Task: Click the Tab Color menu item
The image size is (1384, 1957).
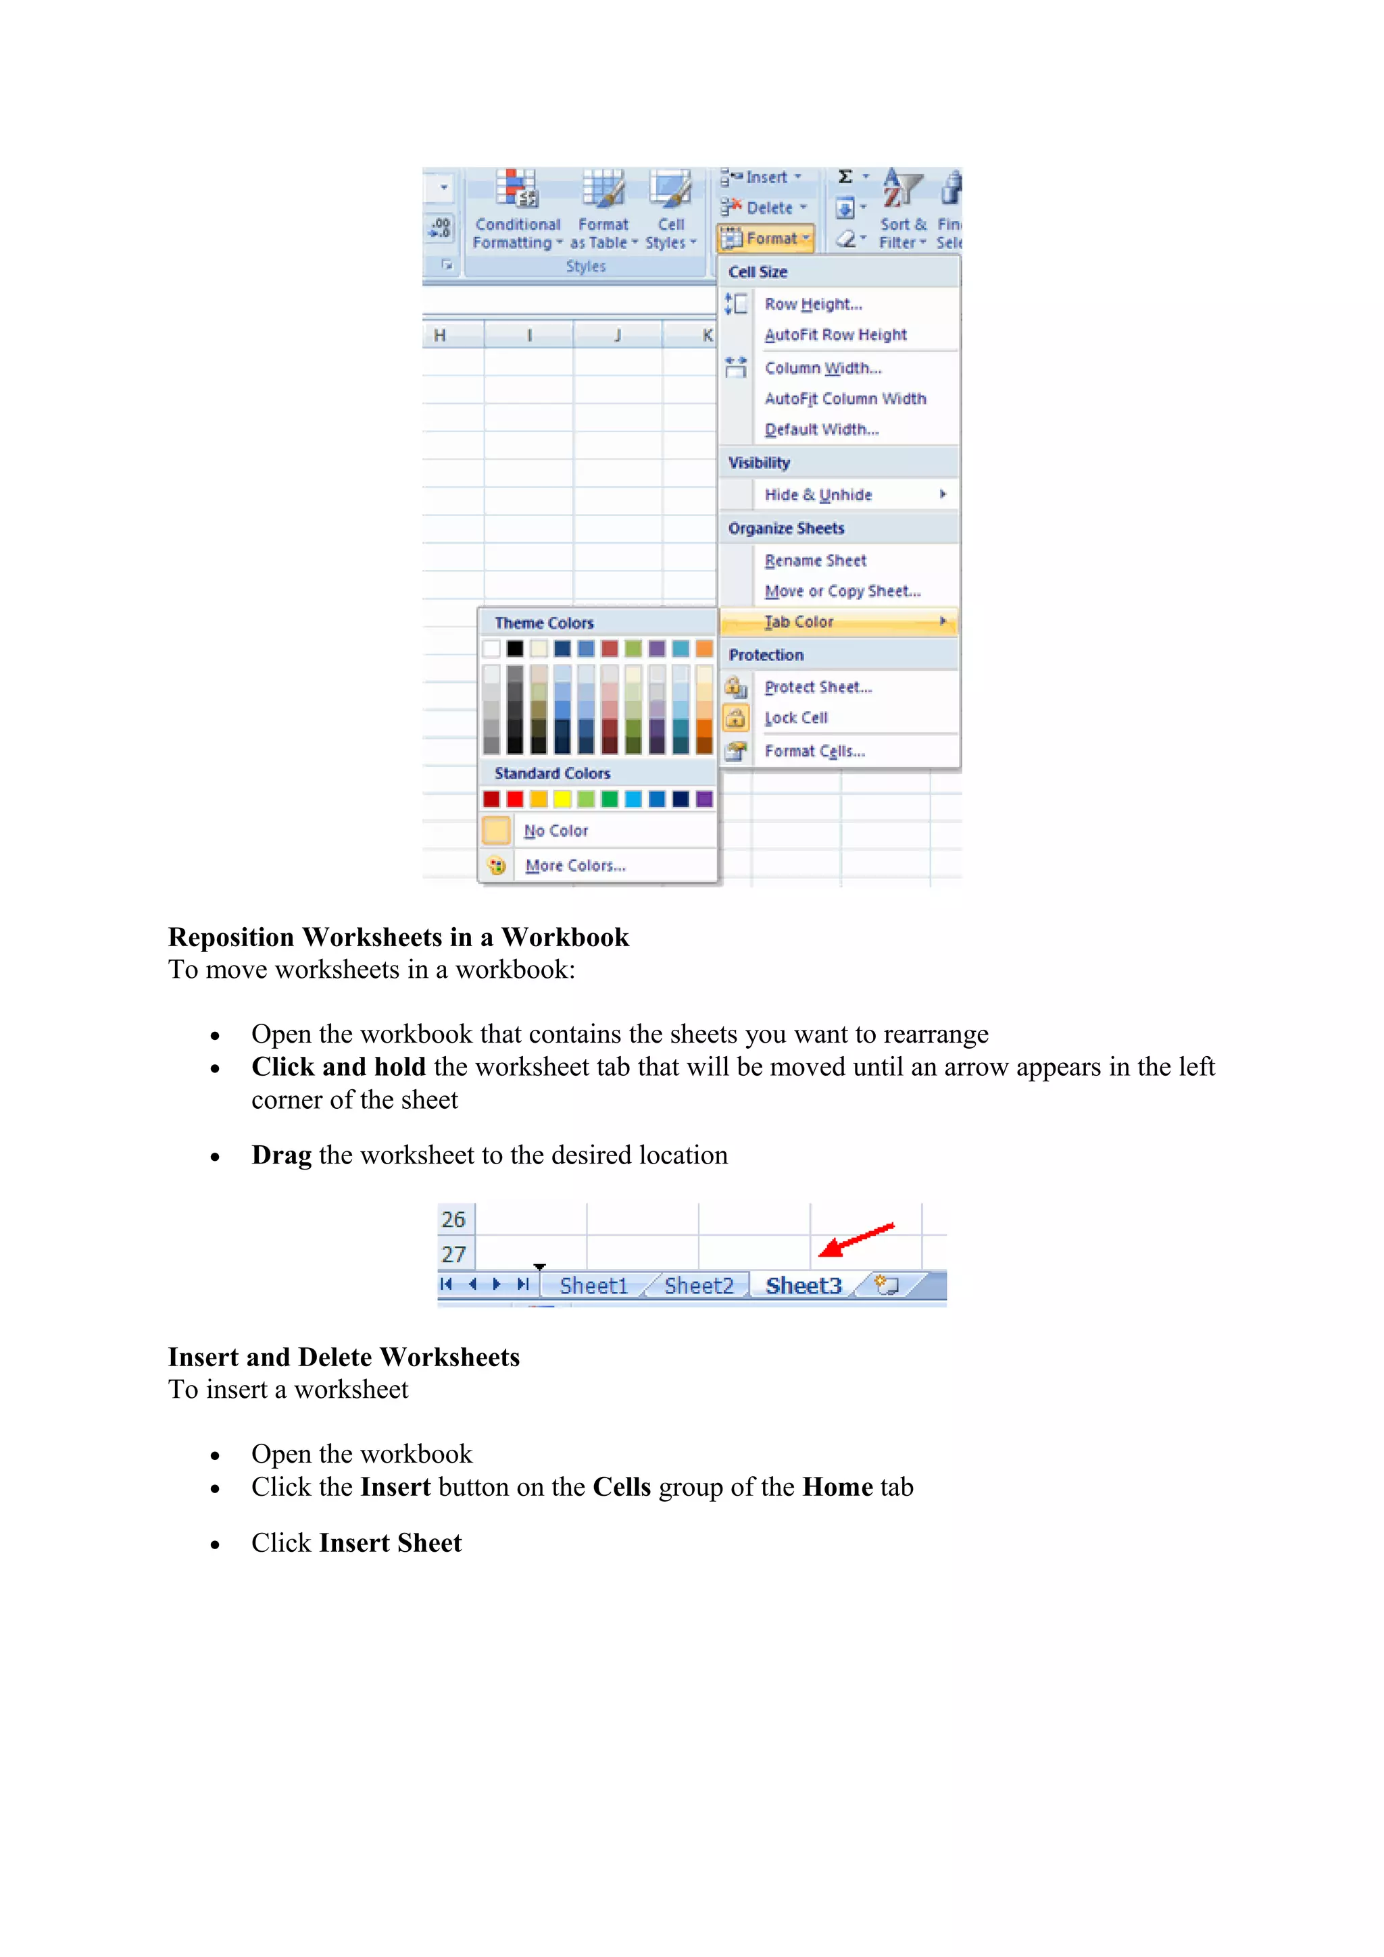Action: [x=798, y=622]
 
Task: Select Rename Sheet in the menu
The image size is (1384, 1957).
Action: [x=815, y=561]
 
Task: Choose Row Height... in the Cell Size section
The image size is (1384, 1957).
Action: [x=813, y=305]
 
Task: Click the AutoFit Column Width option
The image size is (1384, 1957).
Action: [x=844, y=399]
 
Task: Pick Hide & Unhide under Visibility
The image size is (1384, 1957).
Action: [x=818, y=495]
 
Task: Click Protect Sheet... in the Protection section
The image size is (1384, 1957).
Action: [x=818, y=687]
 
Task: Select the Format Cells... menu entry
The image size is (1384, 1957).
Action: [x=814, y=751]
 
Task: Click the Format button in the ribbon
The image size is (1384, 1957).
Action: [x=766, y=238]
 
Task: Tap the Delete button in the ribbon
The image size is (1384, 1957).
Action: [x=765, y=208]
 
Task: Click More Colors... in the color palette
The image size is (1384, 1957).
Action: [x=574, y=865]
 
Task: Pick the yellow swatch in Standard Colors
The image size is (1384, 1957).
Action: [x=562, y=799]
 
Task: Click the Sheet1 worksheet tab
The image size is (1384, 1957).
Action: [x=593, y=1285]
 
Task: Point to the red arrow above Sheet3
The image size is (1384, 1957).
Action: [x=856, y=1239]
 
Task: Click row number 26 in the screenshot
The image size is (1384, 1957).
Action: [x=453, y=1219]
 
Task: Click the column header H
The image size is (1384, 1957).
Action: [x=440, y=335]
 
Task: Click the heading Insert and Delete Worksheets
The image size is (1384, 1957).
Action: [x=344, y=1357]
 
